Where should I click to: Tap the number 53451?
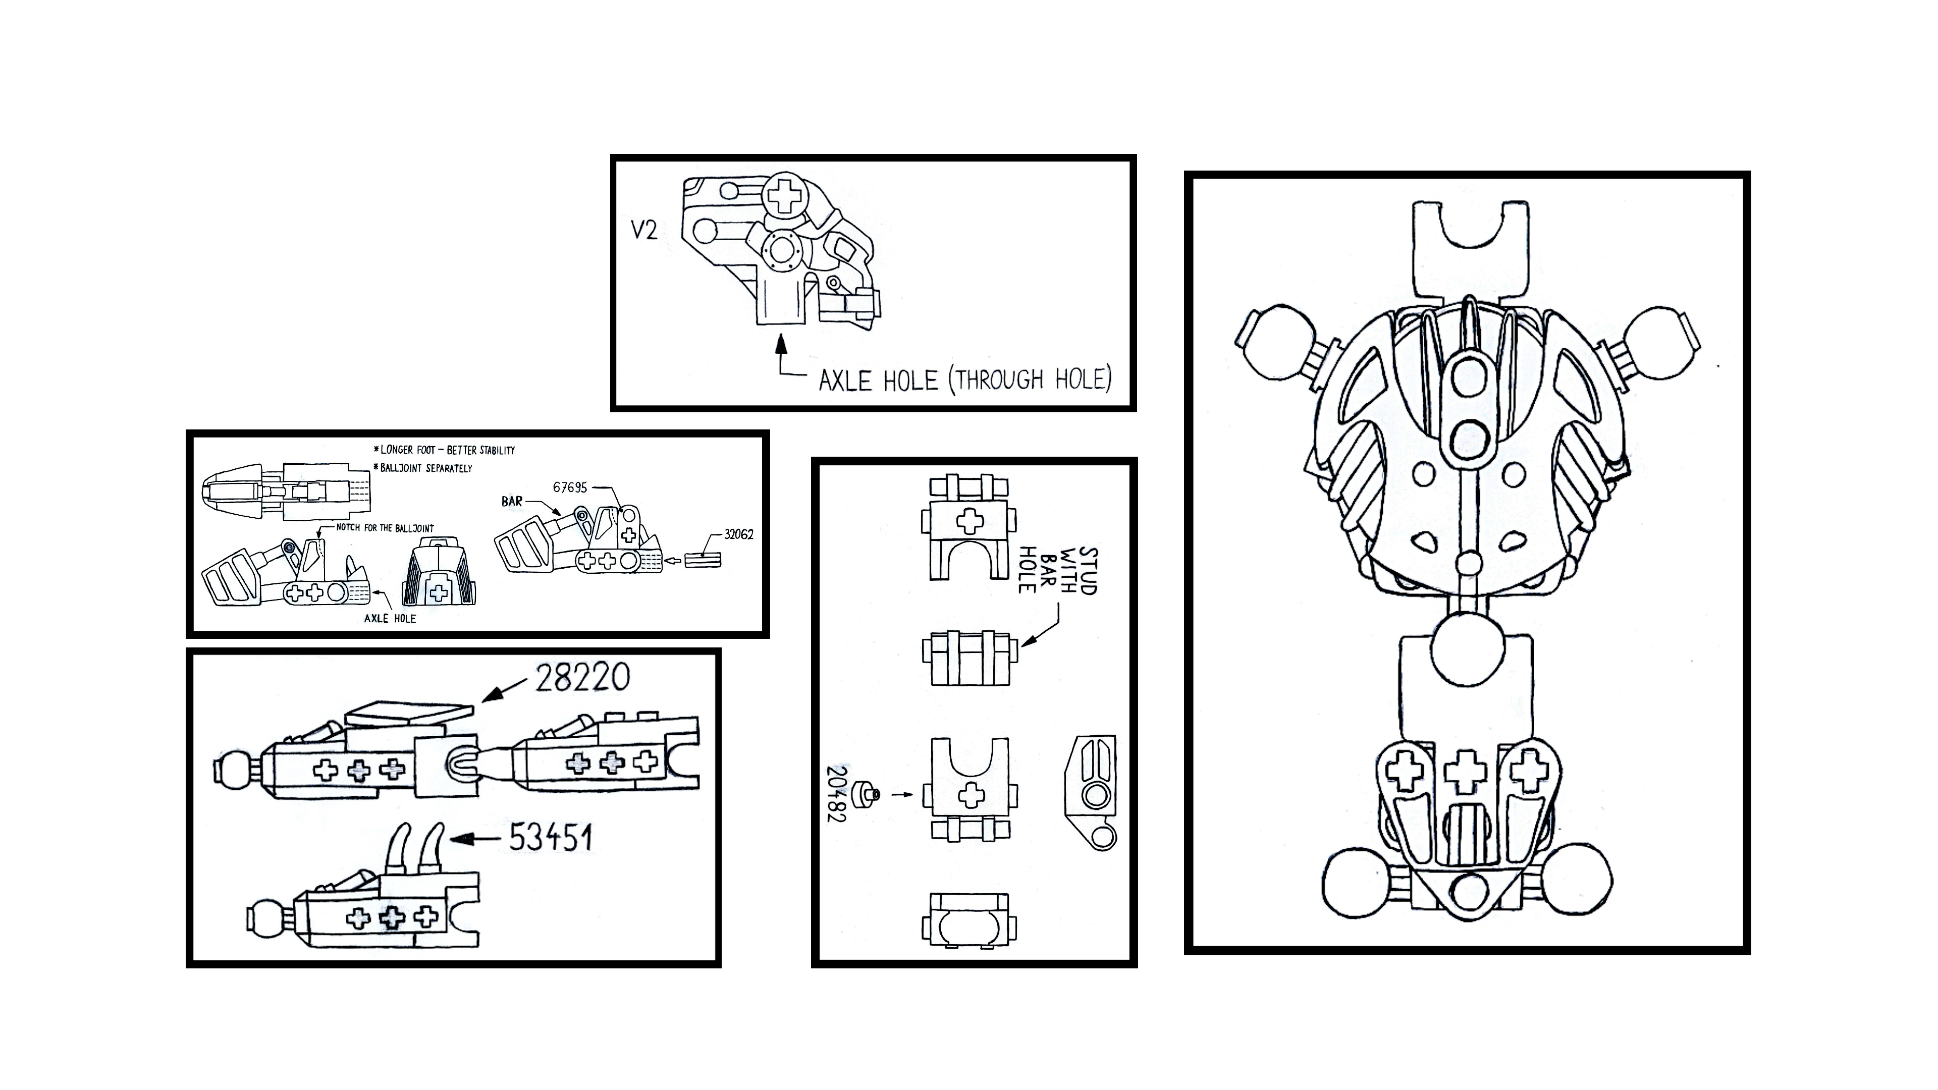tap(551, 837)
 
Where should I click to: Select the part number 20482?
tap(837, 794)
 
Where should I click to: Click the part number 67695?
tap(569, 487)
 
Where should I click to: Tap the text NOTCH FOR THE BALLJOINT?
tap(385, 528)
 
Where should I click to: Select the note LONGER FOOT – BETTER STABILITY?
tap(445, 450)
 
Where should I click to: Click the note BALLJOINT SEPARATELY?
tap(423, 468)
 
